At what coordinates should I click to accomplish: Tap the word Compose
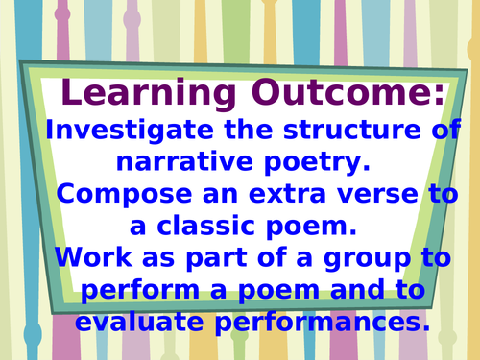[124, 195]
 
